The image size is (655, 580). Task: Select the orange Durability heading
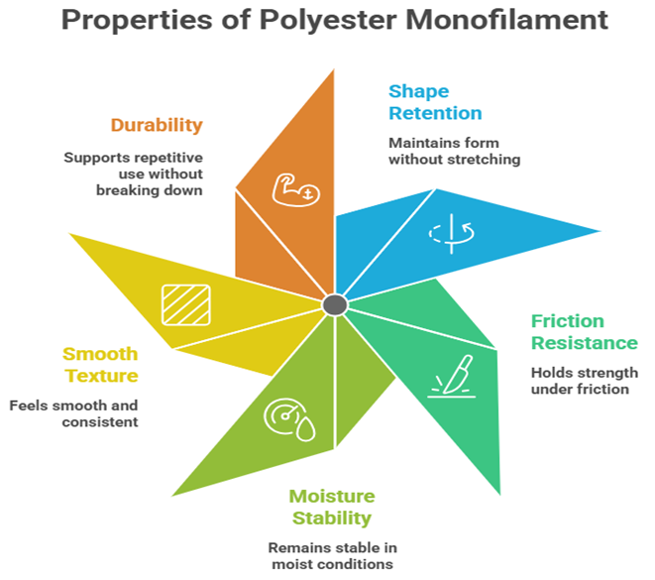tap(157, 125)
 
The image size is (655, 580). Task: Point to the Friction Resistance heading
tap(584, 332)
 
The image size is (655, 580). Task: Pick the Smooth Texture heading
tap(100, 365)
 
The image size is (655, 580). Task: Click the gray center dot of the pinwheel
tap(335, 303)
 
